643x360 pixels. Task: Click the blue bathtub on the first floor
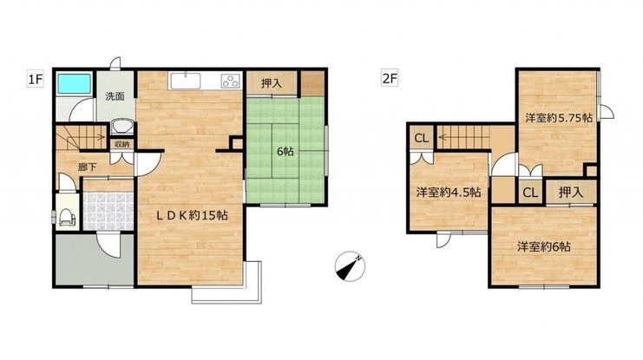74,83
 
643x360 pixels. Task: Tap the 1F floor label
35,79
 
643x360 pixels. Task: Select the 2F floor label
390,78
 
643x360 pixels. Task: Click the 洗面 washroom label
115,97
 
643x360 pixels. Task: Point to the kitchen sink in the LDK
184,81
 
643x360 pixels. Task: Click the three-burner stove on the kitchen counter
231,81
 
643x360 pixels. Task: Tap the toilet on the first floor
68,216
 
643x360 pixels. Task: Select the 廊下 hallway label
88,167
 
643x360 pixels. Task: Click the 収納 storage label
121,144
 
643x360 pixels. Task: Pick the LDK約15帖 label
192,216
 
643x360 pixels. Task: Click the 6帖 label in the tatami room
285,151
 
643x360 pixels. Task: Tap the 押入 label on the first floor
272,83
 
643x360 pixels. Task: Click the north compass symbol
350,266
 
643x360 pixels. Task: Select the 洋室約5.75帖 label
559,118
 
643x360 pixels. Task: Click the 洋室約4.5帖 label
449,192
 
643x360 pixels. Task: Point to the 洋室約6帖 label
543,247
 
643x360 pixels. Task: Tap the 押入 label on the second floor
571,193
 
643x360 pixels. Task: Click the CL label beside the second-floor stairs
421,138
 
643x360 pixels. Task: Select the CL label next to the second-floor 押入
530,193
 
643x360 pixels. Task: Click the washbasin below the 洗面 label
122,127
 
